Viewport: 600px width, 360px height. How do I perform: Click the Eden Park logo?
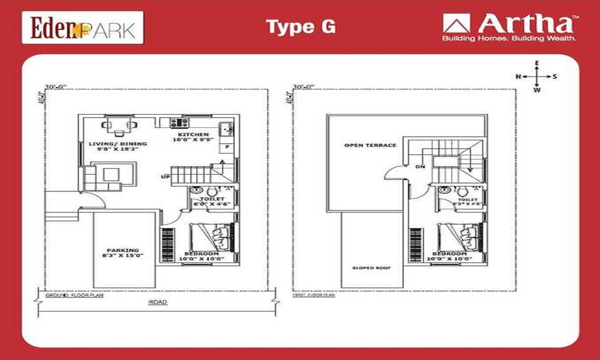coord(83,28)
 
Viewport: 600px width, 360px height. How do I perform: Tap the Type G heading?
coord(301,27)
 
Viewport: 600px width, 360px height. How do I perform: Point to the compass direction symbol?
coord(537,76)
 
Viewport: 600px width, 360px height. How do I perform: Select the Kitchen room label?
coord(193,134)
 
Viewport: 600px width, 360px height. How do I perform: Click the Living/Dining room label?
coord(118,144)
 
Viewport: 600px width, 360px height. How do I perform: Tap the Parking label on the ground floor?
coord(122,250)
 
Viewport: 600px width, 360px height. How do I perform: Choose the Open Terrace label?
coord(362,145)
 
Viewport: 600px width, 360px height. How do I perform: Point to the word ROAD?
coord(158,302)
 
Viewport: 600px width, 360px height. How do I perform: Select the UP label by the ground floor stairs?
coord(165,176)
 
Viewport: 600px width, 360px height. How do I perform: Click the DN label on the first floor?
coord(419,167)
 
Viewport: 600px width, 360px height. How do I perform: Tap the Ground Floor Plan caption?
coord(70,295)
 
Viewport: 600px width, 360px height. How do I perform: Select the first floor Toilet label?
coord(468,199)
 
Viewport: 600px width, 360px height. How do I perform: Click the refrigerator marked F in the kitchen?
coord(227,147)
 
